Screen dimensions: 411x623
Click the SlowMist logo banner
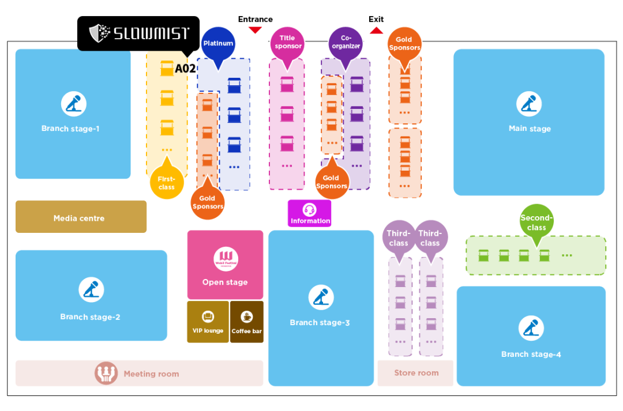138,33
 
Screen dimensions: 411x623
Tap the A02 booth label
185,69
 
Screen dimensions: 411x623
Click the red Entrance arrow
255,30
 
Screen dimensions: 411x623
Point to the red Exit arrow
376,29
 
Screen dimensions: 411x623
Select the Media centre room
81,217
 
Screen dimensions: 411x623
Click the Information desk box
310,213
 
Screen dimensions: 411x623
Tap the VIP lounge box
208,322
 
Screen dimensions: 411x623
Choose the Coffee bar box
247,322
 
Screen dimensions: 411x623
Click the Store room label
416,373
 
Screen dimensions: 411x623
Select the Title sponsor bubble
287,43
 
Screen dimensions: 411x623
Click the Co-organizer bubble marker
346,43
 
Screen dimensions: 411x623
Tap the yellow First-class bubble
166,183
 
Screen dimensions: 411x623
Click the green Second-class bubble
536,222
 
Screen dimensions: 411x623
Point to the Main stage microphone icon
529,104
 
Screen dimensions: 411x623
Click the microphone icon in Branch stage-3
321,298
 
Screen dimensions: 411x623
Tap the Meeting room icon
106,374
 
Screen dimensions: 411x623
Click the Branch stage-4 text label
531,355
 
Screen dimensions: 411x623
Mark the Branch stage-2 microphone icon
91,290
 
